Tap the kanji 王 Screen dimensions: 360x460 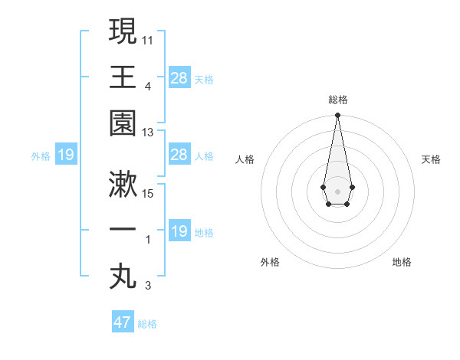pos(123,77)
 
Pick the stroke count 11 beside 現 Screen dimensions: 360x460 pos(148,39)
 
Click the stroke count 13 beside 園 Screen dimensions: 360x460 pos(148,133)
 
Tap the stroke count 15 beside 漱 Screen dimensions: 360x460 pos(148,192)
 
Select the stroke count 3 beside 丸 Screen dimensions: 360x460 pos(148,286)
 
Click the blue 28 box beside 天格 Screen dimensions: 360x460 pos(179,77)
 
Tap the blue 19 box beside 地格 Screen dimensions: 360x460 pos(179,231)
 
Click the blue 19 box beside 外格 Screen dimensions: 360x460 pos(66,155)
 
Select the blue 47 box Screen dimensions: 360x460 pos(123,322)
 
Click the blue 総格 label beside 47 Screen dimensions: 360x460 pos(147,324)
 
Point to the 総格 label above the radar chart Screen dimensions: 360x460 pos(337,100)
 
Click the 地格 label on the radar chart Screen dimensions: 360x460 pos(402,262)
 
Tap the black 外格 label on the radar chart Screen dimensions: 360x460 pos(270,262)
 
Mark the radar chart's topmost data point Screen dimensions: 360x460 pos(337,116)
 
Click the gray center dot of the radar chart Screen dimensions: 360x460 pos(337,191)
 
